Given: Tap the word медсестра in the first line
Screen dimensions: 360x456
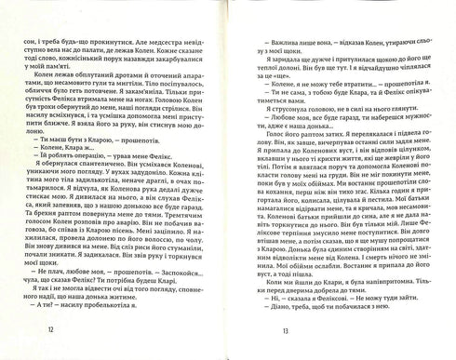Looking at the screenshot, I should pos(142,17).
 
